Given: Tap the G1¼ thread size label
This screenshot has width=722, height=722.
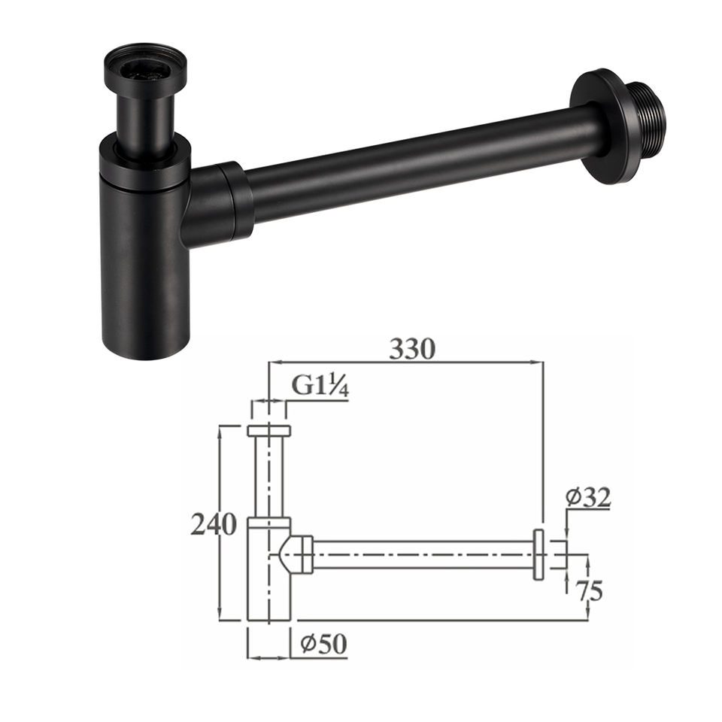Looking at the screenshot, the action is point(320,386).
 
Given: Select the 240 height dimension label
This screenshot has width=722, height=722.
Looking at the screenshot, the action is point(214,524).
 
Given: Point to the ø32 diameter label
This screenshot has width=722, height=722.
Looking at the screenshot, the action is point(588,497).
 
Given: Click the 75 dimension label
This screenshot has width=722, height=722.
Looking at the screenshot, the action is point(590,591).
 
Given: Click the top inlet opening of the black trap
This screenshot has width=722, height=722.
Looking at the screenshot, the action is point(145,69).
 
